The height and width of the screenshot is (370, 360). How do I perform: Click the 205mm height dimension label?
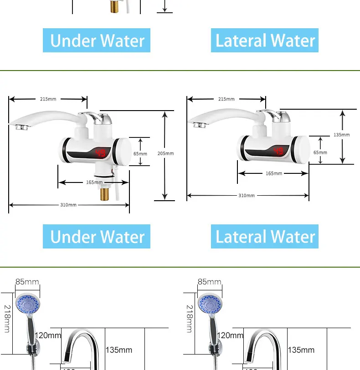coord(165,153)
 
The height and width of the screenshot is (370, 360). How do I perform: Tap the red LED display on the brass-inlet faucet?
coord(101,153)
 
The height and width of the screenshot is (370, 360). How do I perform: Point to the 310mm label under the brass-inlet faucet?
coord(68,205)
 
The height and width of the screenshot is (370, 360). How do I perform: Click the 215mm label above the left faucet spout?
coord(48,99)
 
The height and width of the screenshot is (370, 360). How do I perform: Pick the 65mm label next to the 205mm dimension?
coord(140,153)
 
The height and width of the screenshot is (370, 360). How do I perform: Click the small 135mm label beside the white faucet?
coord(341,135)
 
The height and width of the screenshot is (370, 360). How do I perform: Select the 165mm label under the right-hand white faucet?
coord(274,173)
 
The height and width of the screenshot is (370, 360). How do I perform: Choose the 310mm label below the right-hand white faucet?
coord(247,195)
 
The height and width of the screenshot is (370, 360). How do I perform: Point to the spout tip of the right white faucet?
coord(198,124)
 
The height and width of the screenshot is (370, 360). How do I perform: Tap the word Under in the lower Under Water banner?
coord(72,237)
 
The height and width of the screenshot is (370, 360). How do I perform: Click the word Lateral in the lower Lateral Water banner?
coord(239,237)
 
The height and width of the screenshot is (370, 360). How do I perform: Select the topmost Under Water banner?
coord(97,41)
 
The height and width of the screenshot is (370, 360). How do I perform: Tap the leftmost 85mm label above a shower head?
coord(27,282)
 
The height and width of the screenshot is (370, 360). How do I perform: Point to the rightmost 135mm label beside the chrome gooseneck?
coord(301,350)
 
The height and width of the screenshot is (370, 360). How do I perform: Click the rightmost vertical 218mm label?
coord(189,319)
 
